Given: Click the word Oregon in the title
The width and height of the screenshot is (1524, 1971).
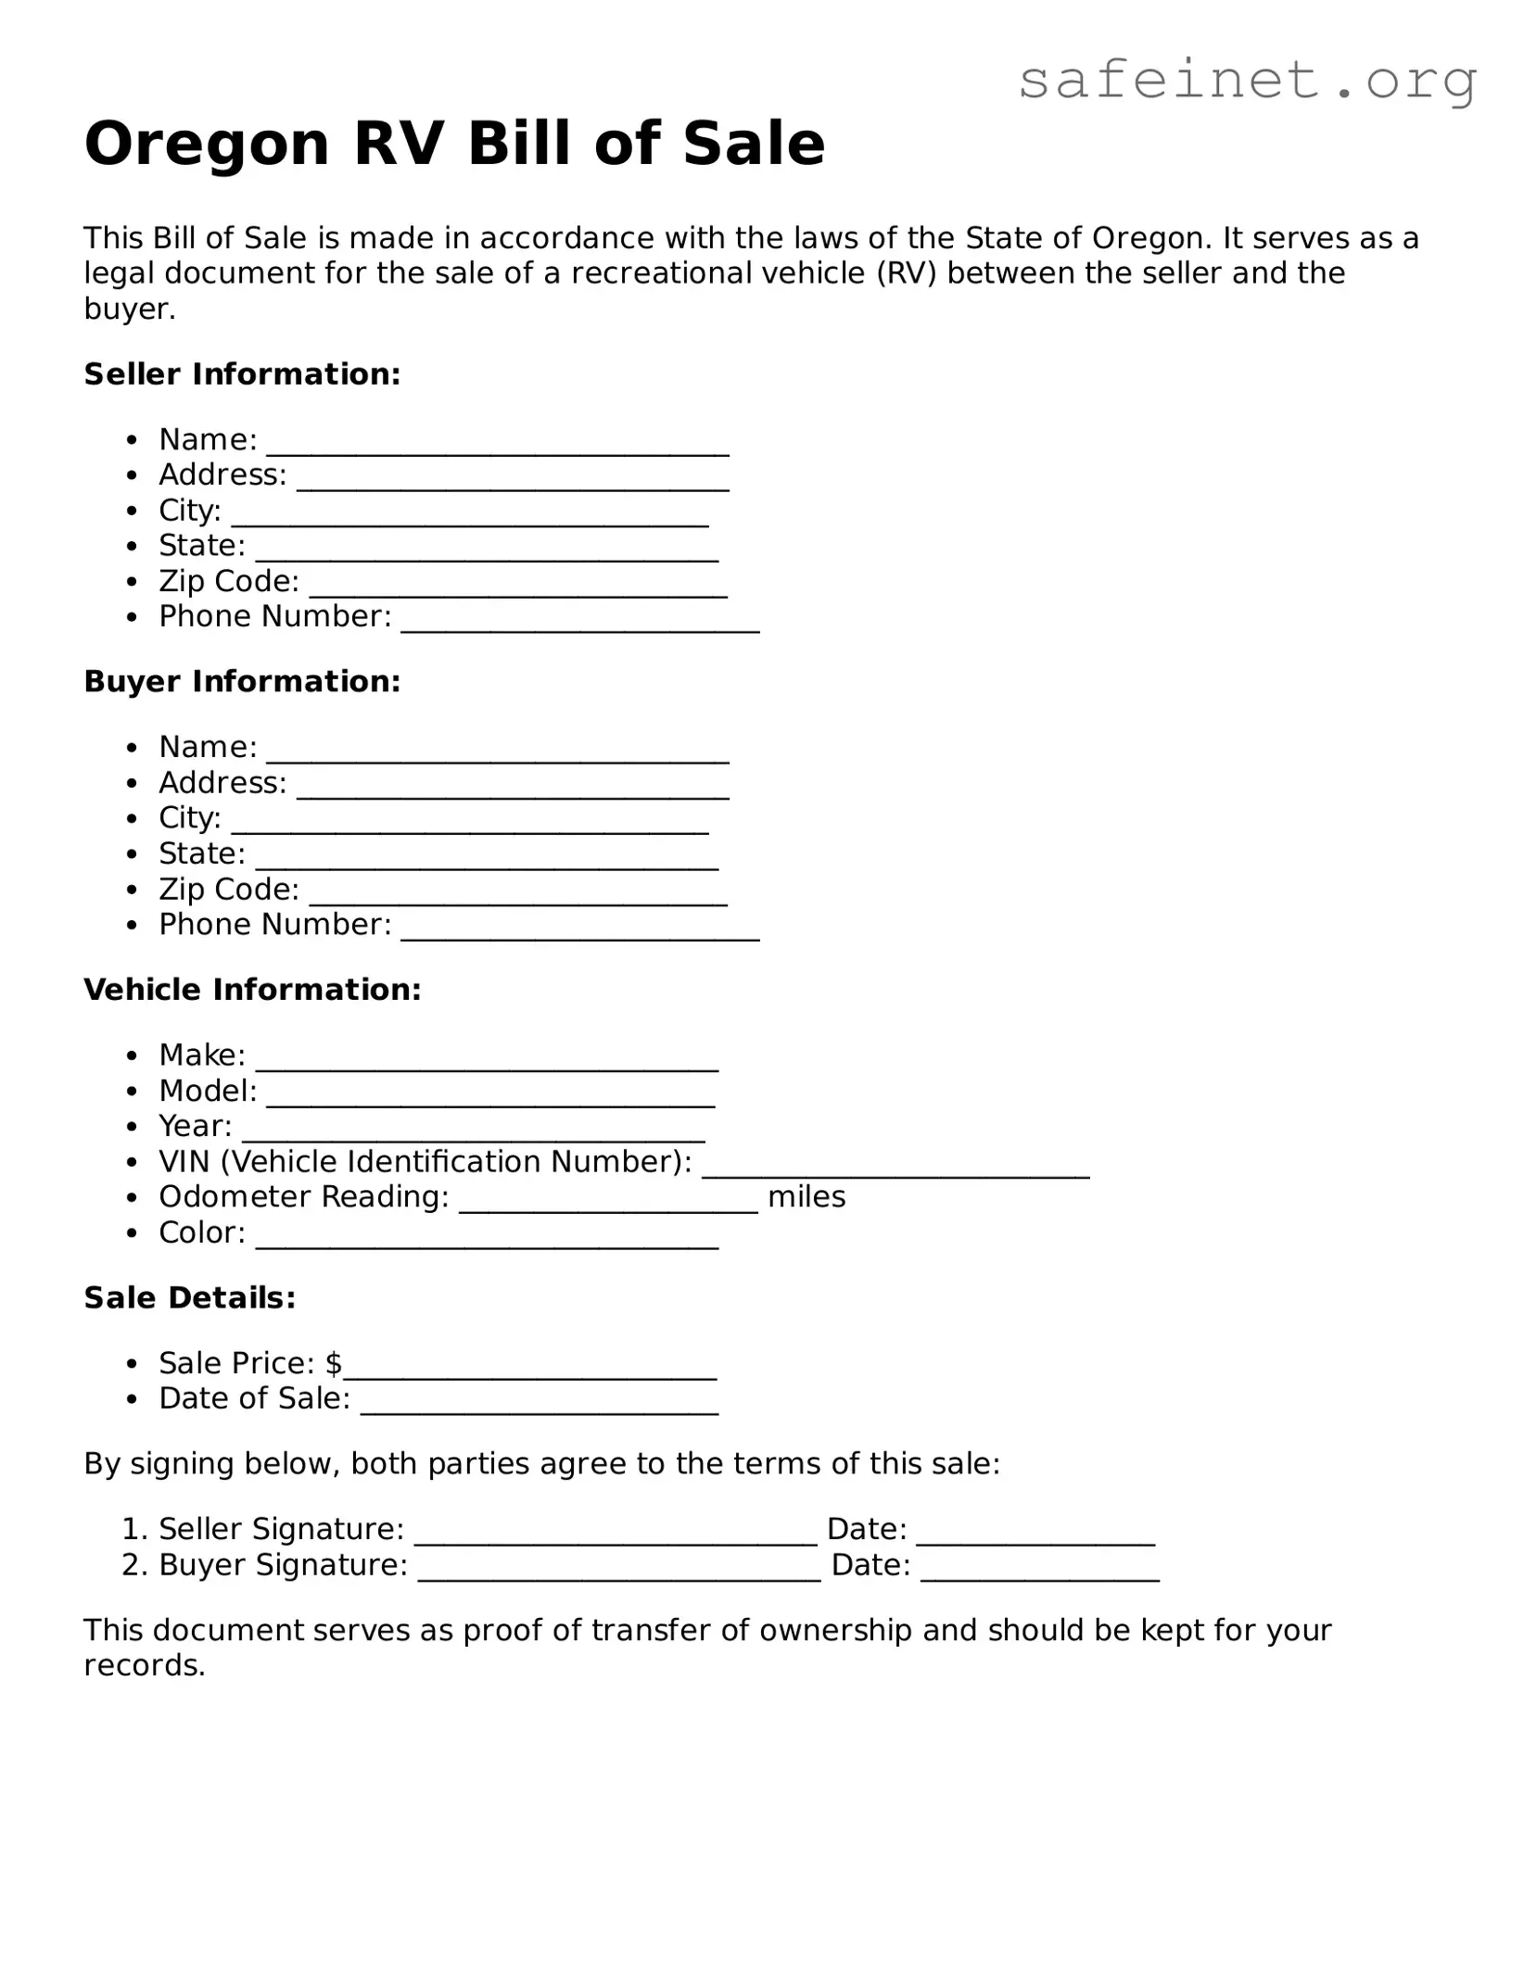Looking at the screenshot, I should tap(207, 145).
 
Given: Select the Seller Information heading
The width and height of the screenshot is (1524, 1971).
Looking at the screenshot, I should tap(242, 374).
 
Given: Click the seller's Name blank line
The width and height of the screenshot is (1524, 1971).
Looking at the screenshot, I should tap(498, 449).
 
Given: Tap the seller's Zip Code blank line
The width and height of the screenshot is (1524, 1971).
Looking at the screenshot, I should tap(518, 590).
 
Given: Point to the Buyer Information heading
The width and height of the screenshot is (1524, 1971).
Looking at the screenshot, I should tap(242, 682).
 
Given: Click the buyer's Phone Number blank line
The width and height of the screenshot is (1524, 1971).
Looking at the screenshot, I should tap(580, 934).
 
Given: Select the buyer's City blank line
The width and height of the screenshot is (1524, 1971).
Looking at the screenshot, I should tap(470, 828).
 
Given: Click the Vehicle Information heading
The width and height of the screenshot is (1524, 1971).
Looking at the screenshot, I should tap(252, 990).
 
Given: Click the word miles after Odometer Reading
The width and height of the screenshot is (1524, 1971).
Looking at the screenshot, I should tap(806, 1197).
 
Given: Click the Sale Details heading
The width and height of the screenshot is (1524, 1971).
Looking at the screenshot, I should tap(190, 1298).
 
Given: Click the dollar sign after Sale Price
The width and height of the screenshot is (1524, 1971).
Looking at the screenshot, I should tap(334, 1363).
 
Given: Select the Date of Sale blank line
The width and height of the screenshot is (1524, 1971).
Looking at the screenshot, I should tap(540, 1408).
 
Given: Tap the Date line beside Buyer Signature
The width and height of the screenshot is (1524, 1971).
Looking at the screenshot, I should tap(1040, 1574).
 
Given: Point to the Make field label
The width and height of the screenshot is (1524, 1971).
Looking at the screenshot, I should tap(201, 1055).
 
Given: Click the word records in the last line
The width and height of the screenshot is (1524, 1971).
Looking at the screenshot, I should tap(143, 1665).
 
